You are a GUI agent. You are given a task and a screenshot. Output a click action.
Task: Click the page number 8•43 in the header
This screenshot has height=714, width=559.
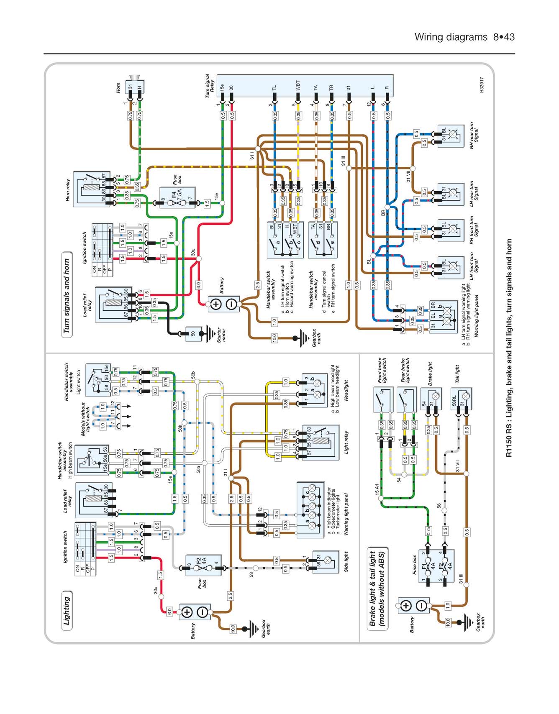pyautogui.click(x=504, y=37)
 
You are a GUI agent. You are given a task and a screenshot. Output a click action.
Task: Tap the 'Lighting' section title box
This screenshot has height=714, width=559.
pyautogui.click(x=67, y=610)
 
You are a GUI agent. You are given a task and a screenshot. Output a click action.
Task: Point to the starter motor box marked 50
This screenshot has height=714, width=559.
pyautogui.click(x=193, y=334)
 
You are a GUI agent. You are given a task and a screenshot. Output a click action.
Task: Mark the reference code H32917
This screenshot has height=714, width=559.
pyautogui.click(x=482, y=84)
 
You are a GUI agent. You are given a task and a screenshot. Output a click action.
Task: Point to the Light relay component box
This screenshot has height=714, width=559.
pyautogui.click(x=321, y=442)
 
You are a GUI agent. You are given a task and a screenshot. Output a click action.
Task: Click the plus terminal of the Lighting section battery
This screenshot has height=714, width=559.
pyautogui.click(x=187, y=612)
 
